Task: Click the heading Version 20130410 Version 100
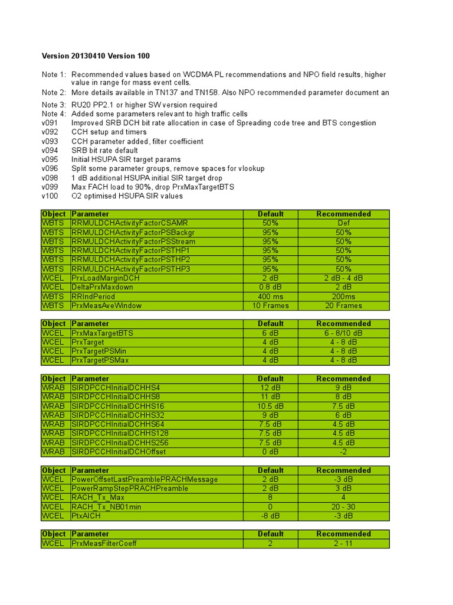96,56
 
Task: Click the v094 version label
50,150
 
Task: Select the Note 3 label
54,105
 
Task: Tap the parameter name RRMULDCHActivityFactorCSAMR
129,223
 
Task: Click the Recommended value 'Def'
343,223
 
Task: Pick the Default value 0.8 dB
271,287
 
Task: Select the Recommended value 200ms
343,297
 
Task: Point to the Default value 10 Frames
271,305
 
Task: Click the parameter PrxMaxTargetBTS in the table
102,333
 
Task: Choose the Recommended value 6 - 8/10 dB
343,333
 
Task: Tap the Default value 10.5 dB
271,406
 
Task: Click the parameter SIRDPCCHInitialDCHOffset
119,452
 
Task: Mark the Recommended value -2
343,452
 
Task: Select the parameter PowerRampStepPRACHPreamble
129,489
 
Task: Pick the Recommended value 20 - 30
343,507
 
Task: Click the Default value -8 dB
271,516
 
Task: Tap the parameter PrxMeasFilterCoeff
104,544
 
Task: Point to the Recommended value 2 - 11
343,544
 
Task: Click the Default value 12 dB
271,388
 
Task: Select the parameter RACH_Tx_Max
98,497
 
